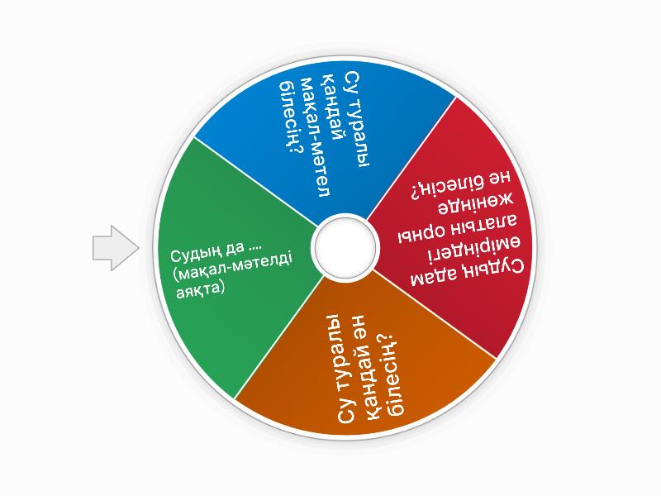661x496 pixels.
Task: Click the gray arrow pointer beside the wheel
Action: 114,247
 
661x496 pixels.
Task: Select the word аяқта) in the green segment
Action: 199,290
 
